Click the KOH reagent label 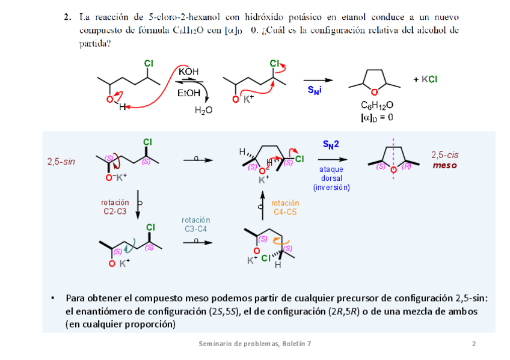(x=188, y=72)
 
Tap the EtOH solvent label (x=189, y=93)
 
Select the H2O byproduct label (x=204, y=111)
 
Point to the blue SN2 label (x=331, y=145)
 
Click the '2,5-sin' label (x=61, y=162)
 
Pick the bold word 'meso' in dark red (x=445, y=165)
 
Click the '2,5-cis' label (x=445, y=155)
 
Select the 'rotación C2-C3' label (x=114, y=207)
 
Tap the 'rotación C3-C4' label (x=195, y=224)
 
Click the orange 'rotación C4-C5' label (x=285, y=207)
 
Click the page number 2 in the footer (x=474, y=344)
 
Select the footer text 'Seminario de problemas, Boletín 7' (x=255, y=344)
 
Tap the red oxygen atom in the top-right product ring (x=374, y=91)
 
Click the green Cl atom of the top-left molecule (x=148, y=63)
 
